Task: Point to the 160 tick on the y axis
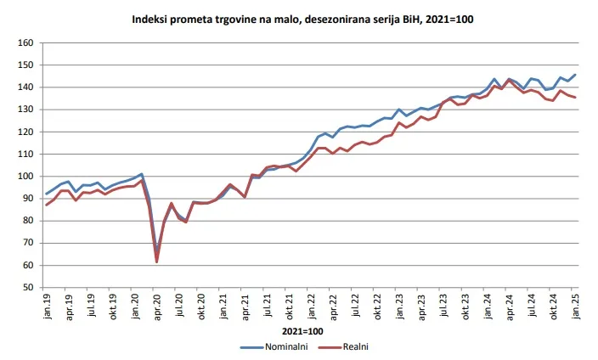25,43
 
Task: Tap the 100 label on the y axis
25,177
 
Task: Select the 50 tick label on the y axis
28,288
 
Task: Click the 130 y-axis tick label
25,110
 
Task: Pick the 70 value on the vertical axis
28,243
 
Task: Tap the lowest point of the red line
157,262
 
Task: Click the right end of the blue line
575,75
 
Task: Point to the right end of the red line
575,98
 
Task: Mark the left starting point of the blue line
46,194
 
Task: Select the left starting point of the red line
46,205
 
